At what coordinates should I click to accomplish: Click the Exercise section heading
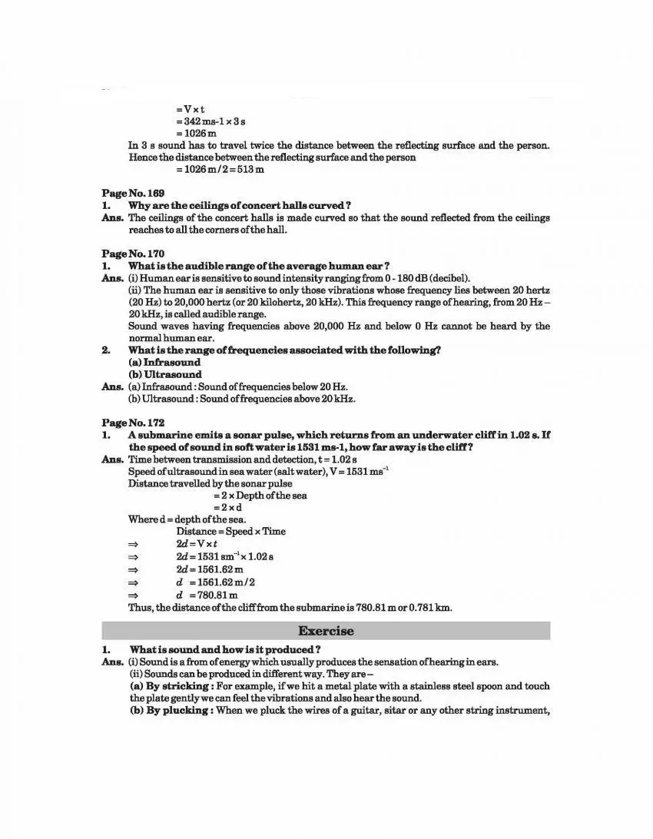pos(326,631)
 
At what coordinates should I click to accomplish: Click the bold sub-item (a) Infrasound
pos(164,363)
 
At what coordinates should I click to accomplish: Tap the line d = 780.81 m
pos(207,595)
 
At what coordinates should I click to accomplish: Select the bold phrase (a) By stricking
pos(170,686)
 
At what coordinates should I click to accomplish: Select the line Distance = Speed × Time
pos(230,531)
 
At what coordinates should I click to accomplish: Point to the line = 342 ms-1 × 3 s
pos(210,121)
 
